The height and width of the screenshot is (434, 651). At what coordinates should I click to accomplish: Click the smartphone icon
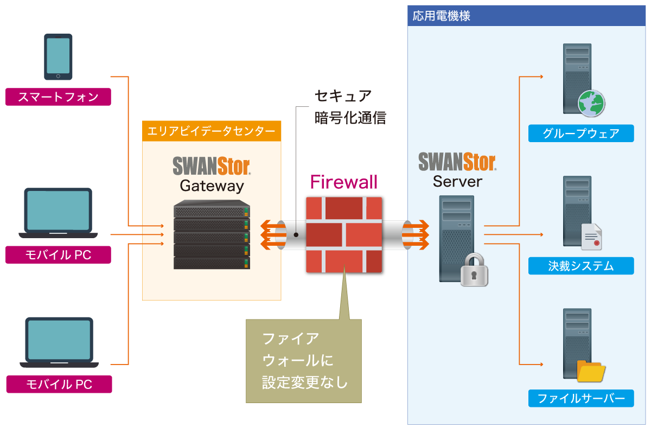[58, 56]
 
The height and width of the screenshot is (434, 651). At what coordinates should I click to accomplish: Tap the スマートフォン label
[58, 97]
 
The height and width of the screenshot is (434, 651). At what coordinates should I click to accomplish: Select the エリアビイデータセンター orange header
[212, 131]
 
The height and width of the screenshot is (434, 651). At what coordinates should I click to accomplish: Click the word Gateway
[212, 186]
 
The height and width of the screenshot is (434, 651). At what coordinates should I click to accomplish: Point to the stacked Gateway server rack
[212, 235]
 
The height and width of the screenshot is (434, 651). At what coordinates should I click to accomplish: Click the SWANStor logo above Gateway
[212, 165]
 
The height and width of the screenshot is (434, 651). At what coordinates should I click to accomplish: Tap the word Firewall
[344, 182]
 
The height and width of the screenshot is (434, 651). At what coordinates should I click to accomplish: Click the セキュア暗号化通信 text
[350, 107]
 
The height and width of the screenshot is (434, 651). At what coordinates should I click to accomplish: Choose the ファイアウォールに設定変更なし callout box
[303, 361]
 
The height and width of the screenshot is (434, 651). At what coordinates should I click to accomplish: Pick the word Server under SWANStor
[457, 181]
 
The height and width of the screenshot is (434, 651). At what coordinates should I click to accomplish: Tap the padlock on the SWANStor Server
[474, 269]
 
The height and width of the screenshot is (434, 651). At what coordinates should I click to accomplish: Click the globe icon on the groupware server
[591, 103]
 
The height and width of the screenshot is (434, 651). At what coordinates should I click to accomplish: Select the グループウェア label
[581, 133]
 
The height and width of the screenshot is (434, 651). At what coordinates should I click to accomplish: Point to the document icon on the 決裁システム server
[591, 237]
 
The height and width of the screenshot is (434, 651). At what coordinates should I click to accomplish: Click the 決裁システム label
[581, 266]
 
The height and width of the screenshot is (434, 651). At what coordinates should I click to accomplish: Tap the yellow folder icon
[591, 371]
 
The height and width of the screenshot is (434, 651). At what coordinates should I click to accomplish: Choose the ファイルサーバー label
[581, 399]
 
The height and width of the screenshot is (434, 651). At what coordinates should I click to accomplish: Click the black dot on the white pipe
[296, 235]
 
